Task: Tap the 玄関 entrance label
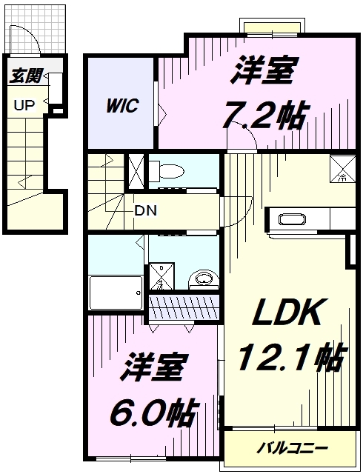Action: (26, 76)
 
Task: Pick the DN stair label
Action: (145, 210)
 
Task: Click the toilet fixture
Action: (170, 171)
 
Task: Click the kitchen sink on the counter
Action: (291, 219)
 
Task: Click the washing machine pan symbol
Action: (160, 276)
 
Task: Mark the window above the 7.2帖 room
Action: (273, 28)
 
